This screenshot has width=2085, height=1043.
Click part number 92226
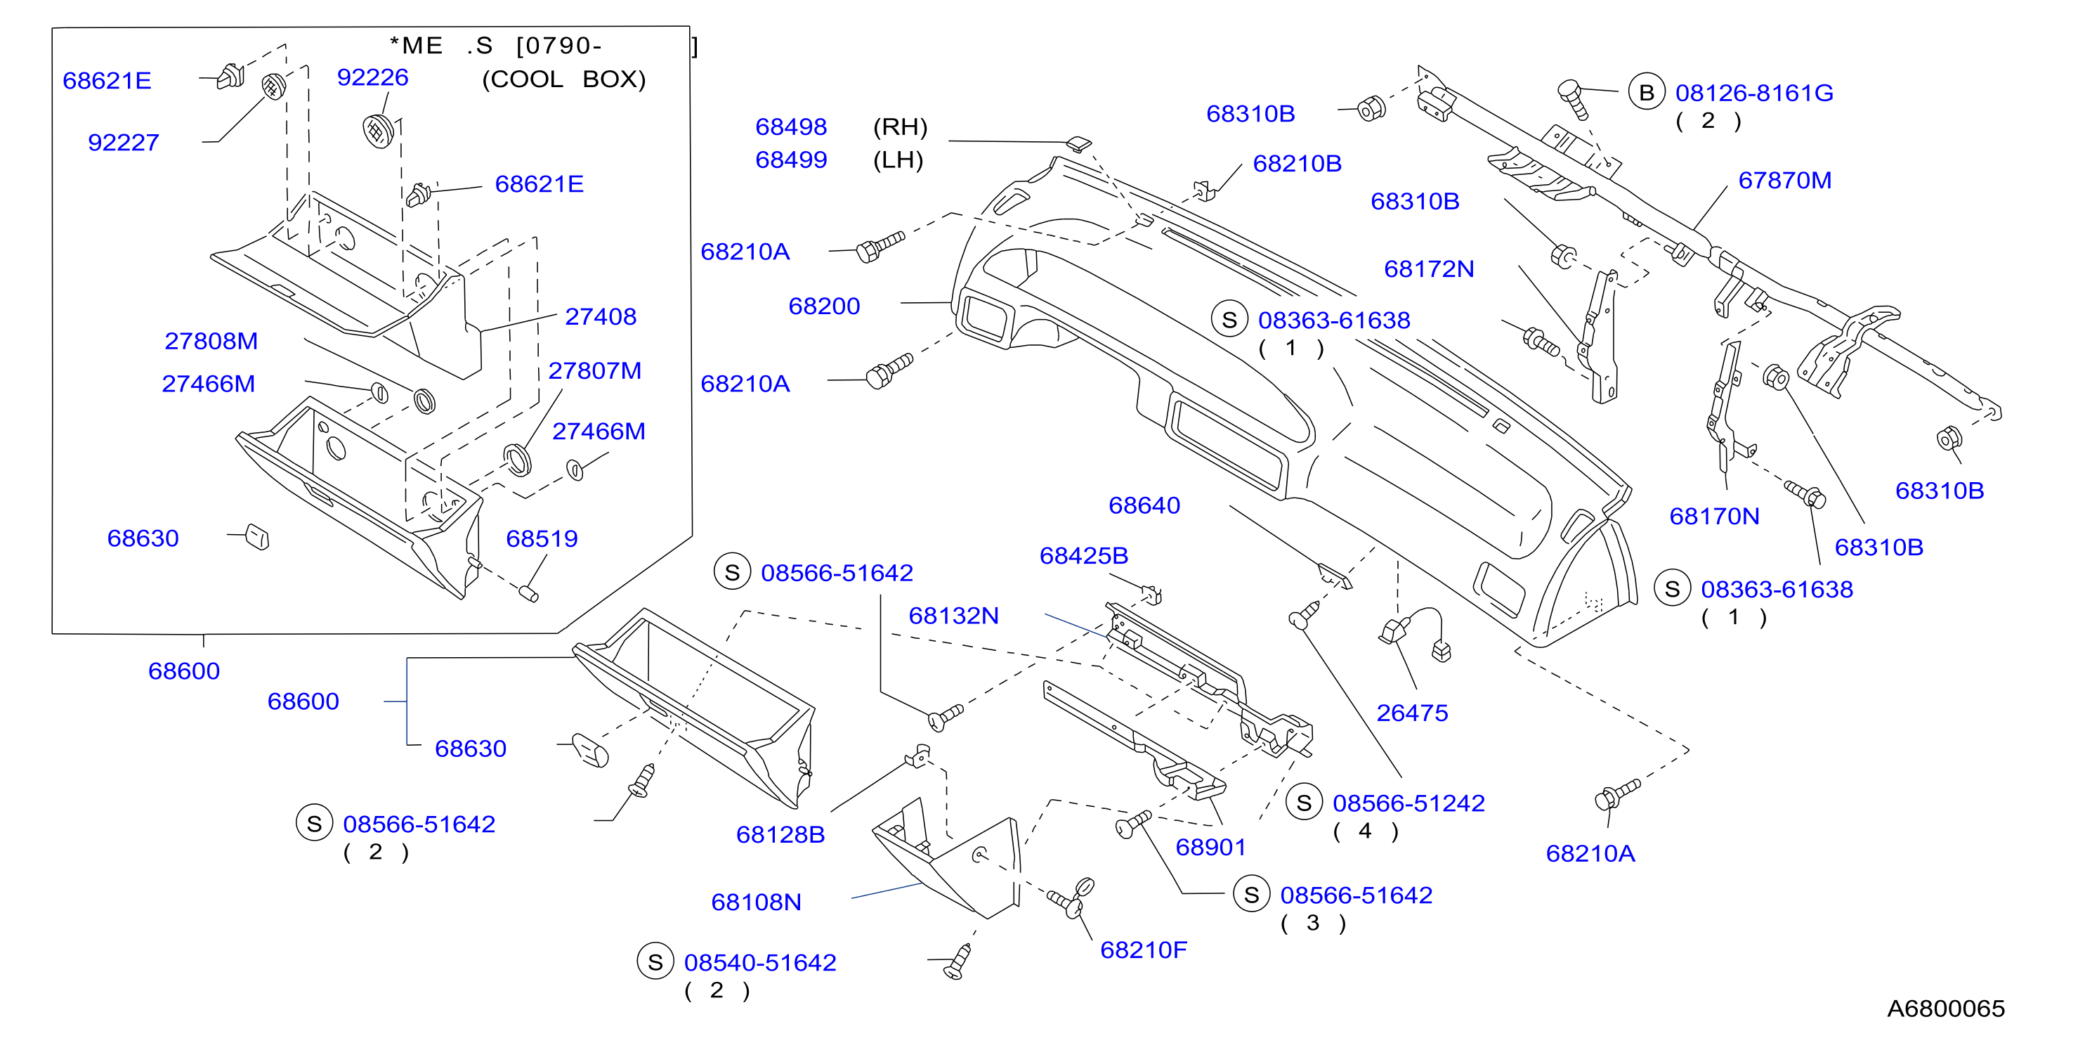372,78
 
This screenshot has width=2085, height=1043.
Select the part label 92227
123,143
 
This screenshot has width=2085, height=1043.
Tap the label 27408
601,316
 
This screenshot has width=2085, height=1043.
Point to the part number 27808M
211,341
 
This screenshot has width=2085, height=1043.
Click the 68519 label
542,538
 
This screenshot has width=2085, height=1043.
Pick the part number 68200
824,306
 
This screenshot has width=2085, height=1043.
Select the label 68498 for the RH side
791,127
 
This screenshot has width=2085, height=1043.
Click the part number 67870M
1785,181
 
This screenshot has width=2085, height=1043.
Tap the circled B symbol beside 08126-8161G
1647,93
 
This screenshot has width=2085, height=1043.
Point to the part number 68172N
1429,269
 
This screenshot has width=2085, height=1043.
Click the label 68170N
1714,517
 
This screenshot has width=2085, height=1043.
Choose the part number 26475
1413,713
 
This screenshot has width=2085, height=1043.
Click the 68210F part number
1144,951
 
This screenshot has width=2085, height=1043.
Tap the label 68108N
756,903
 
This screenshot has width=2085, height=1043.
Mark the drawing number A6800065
1946,1009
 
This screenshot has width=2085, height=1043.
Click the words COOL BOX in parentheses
564,79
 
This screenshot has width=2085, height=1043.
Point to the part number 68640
1144,506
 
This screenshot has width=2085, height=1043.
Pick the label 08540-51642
760,963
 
